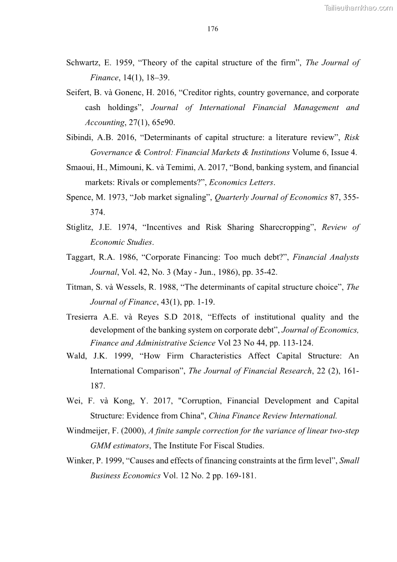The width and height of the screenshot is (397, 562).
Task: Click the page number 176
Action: click(x=212, y=29)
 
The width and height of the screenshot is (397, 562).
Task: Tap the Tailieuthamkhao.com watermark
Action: click(x=358, y=8)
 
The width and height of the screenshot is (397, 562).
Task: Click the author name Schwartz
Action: click(x=83, y=63)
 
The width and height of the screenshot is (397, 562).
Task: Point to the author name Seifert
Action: click(x=79, y=93)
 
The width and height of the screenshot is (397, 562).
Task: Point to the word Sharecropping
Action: click(x=284, y=227)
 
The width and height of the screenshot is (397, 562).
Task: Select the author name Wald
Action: click(x=76, y=356)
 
